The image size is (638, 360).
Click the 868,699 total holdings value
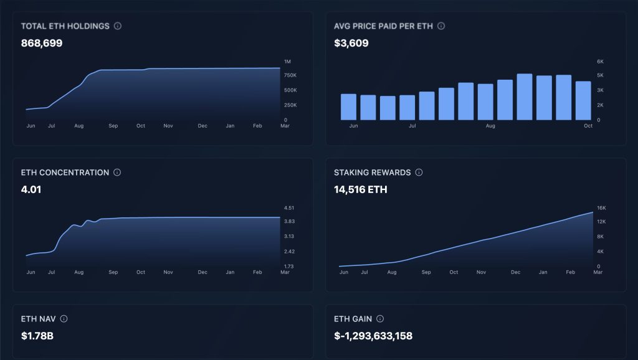click(x=42, y=44)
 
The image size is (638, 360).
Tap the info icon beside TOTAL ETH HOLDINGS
click(x=118, y=26)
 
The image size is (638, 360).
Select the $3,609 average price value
click(x=351, y=44)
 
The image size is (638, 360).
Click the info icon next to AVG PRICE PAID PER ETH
click(x=441, y=26)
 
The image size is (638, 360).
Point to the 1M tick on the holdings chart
click(x=287, y=62)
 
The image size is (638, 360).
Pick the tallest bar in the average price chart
click(x=525, y=97)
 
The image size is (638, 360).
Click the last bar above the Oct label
click(x=583, y=100)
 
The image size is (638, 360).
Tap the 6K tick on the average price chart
click(x=600, y=62)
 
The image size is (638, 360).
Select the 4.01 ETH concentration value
click(x=31, y=189)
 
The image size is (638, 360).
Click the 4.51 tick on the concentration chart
click(x=288, y=208)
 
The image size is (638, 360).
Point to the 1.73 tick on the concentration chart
click(x=288, y=267)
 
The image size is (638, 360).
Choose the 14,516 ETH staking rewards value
click(x=360, y=189)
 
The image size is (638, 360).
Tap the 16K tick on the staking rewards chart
click(x=601, y=208)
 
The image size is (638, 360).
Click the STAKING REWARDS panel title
click(x=372, y=173)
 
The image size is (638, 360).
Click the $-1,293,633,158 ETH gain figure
click(x=373, y=336)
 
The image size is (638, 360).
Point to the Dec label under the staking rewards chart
click(x=515, y=272)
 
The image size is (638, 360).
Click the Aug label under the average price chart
click(x=490, y=126)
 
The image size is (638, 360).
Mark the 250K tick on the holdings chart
click(x=290, y=105)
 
